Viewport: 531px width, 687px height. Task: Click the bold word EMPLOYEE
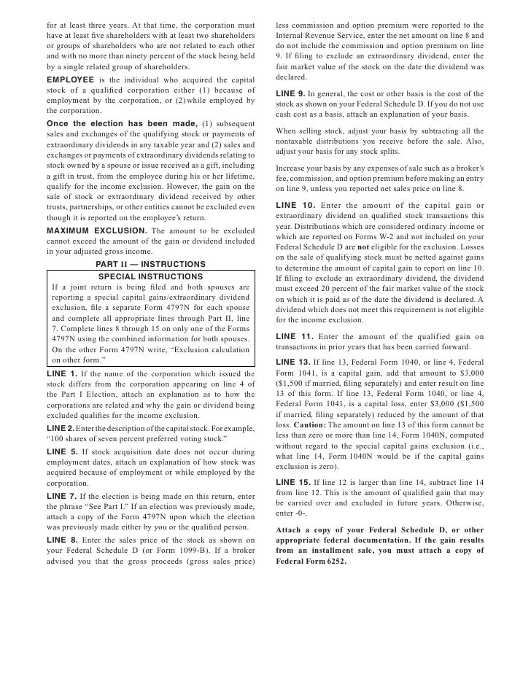click(x=70, y=79)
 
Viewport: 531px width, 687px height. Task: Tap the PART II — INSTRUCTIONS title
click(x=150, y=263)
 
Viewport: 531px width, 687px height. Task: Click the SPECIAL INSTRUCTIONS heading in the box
click(x=150, y=276)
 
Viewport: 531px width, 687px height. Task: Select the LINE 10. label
click(x=295, y=203)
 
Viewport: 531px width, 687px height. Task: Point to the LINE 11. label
click(x=295, y=336)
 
